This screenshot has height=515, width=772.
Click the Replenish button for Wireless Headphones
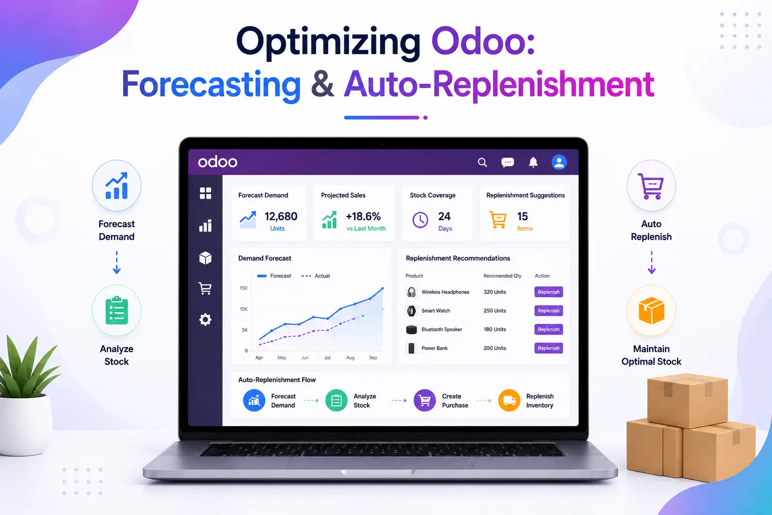[x=548, y=292]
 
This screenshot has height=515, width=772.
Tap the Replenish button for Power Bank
[x=548, y=348]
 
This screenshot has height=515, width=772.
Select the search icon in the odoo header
[x=482, y=162]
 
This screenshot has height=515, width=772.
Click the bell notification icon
[x=533, y=162]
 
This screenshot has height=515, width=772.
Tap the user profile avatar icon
[x=559, y=162]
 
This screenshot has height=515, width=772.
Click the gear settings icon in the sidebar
[x=205, y=319]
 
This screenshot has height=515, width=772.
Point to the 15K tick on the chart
[x=244, y=288]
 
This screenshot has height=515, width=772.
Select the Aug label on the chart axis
[x=350, y=358]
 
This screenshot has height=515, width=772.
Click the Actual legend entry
[x=315, y=276]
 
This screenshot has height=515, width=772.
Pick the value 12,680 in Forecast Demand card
[x=280, y=216]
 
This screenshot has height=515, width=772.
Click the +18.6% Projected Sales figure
[x=363, y=216]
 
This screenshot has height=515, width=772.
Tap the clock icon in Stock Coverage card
[x=420, y=220]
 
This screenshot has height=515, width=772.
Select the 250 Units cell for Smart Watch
[x=495, y=311]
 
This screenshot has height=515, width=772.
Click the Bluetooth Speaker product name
[x=441, y=329]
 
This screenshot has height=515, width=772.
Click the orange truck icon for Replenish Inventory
[x=509, y=400]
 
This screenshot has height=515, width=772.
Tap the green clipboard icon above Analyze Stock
[x=117, y=310]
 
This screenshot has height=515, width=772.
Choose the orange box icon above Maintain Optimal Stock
[x=651, y=310]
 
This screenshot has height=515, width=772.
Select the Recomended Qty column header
[x=502, y=276]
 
